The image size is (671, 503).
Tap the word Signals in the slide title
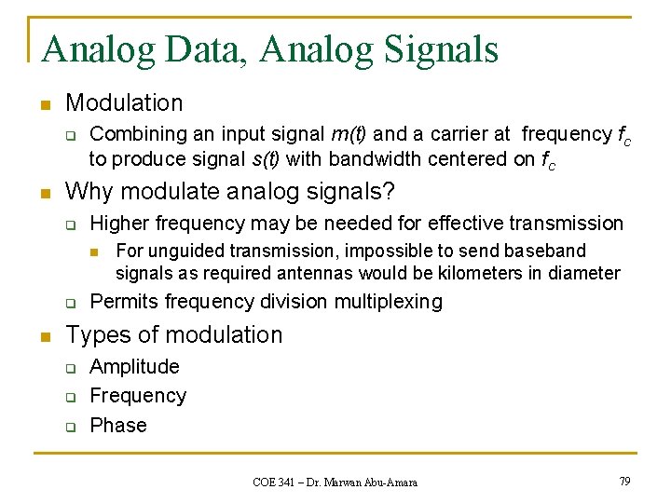coord(439,48)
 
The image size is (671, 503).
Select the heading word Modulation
coord(124,102)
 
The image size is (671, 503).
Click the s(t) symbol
coord(263,159)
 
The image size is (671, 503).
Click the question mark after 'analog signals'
coord(390,192)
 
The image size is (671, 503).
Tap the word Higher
coord(120,224)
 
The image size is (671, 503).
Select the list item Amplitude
coord(134,367)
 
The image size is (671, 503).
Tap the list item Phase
coord(118,425)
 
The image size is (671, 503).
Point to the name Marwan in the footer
coord(345,482)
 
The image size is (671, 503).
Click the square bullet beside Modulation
coord(43,103)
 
